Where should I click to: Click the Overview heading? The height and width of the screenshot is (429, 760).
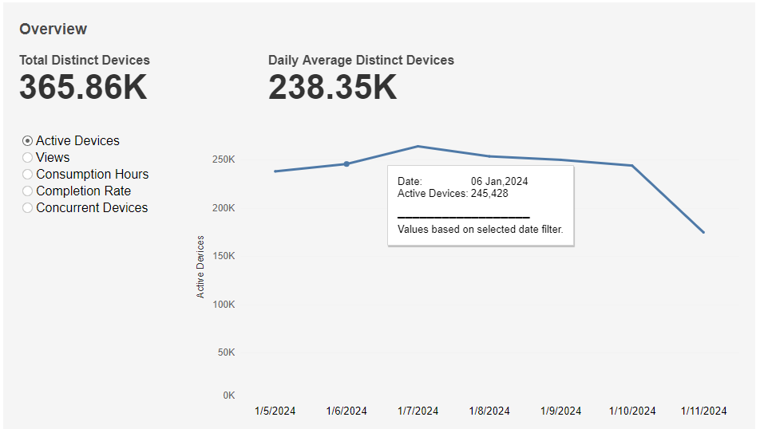(53, 30)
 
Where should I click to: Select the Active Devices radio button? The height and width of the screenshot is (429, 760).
(28, 141)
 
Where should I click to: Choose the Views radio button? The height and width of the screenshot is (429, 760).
(28, 158)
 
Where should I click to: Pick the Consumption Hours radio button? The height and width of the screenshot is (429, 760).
(28, 175)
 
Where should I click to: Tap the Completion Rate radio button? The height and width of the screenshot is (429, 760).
(28, 191)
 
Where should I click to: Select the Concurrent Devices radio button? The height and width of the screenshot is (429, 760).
(28, 208)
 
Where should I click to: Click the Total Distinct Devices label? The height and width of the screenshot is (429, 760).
(85, 60)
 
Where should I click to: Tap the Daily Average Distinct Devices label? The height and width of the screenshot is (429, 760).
(361, 60)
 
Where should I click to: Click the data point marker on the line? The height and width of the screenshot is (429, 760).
(346, 164)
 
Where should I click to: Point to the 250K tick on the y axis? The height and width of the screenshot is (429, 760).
(223, 159)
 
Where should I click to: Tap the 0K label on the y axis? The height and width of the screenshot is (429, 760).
(228, 396)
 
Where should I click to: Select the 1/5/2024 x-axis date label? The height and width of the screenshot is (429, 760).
(275, 411)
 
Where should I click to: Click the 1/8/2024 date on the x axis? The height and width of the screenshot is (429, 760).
(489, 411)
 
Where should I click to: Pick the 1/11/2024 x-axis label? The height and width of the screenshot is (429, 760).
(703, 411)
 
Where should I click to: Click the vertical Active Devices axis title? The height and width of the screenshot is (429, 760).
(200, 266)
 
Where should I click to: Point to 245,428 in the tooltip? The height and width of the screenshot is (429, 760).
(489, 193)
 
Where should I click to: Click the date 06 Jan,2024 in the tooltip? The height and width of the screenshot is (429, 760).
(499, 181)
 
